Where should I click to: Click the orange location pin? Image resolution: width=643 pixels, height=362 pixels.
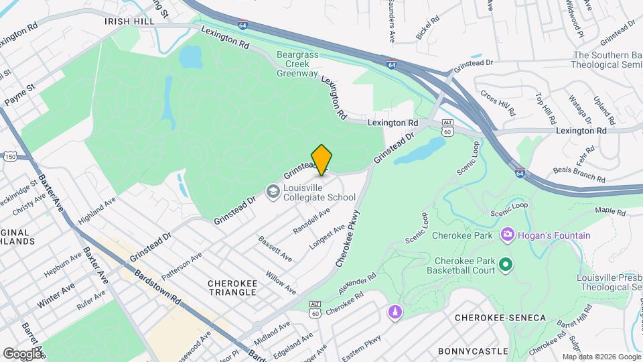321,160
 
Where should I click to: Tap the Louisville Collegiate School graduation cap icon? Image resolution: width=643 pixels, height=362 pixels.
273,192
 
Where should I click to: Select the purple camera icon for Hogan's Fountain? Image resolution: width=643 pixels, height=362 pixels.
507,235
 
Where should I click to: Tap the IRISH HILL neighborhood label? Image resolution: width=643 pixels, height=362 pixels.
129,21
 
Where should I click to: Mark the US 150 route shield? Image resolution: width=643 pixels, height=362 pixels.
10,156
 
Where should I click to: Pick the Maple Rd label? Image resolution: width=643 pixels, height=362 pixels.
610,211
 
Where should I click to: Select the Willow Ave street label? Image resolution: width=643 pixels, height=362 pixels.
281,284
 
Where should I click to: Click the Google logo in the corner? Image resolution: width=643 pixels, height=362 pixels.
22,353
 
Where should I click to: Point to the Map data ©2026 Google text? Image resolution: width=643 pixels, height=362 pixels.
601,356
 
